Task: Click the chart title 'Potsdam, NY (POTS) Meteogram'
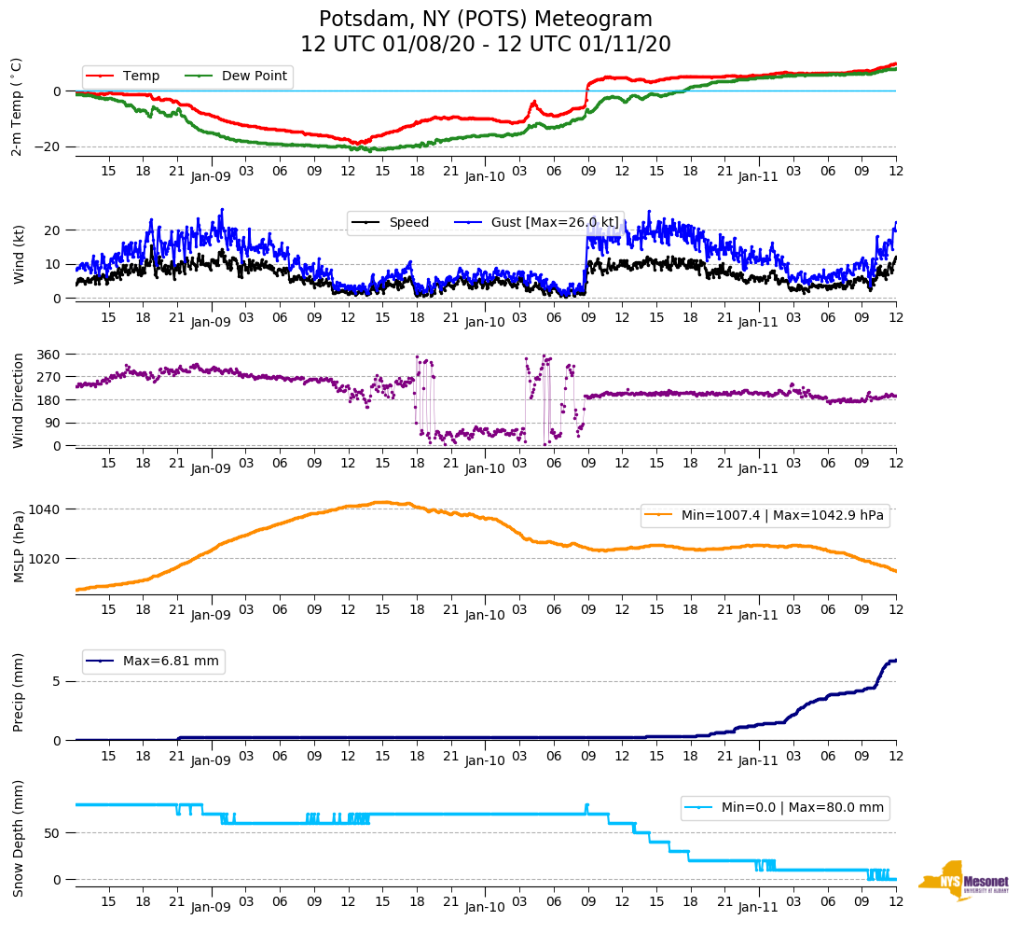click(485, 20)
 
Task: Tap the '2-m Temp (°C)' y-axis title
click(17, 106)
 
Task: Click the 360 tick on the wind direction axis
click(49, 355)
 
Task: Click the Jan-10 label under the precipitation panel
click(484, 760)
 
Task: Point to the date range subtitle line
click(485, 45)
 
